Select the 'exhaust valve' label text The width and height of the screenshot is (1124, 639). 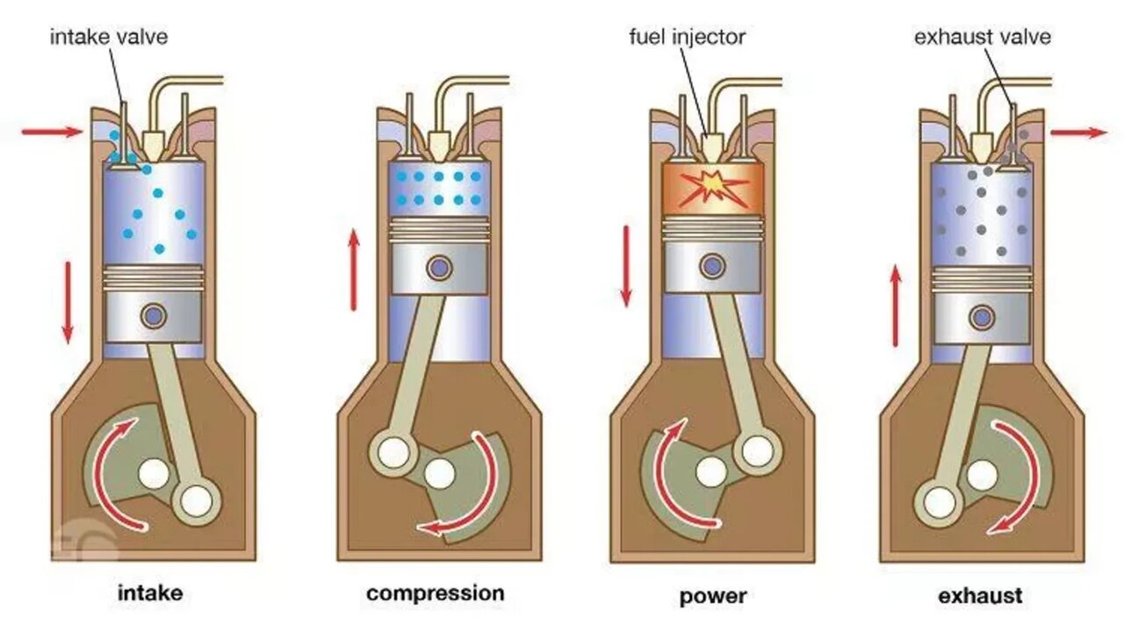point(983,38)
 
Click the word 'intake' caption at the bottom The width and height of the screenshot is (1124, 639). point(150,593)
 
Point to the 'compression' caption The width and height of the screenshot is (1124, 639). point(436,593)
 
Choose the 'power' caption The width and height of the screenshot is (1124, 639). point(713,597)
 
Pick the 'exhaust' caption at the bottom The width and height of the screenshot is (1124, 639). point(980,596)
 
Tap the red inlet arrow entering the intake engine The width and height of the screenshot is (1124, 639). point(52,132)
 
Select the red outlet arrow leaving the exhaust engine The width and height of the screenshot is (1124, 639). point(1079,133)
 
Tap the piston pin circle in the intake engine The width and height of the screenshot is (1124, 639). point(155,313)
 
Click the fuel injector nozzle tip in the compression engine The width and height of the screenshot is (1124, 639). point(438,141)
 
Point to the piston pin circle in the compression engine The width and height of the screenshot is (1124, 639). point(438,266)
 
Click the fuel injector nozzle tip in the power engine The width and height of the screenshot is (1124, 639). point(712,141)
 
